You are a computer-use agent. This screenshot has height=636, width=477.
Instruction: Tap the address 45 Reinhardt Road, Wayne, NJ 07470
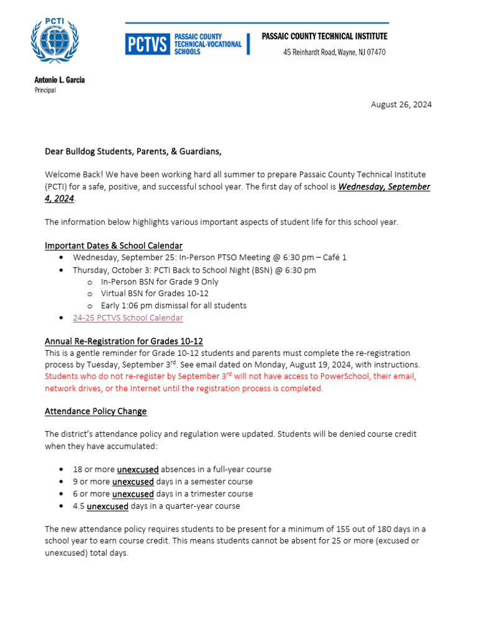point(334,52)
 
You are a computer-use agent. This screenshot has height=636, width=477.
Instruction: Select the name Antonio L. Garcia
point(60,79)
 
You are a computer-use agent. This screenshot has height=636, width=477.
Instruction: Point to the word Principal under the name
point(45,90)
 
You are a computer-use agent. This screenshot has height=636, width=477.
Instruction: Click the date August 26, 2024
point(401,104)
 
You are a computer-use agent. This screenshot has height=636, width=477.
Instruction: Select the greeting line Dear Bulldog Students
point(133,151)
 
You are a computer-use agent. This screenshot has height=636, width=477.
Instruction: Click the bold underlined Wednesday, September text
point(384,187)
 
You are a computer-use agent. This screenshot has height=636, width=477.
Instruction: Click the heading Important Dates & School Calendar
point(114,245)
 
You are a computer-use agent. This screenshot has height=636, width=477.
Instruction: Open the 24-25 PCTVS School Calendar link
point(128,317)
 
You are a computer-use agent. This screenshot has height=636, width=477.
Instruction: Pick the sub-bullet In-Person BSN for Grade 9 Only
point(160,281)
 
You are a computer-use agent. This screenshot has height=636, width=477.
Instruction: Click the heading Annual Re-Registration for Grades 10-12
point(124,341)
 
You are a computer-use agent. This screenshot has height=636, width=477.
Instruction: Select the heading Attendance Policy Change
point(96,411)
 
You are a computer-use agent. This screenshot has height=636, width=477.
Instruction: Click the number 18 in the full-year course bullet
point(78,470)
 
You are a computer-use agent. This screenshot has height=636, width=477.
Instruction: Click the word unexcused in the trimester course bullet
point(133,494)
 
